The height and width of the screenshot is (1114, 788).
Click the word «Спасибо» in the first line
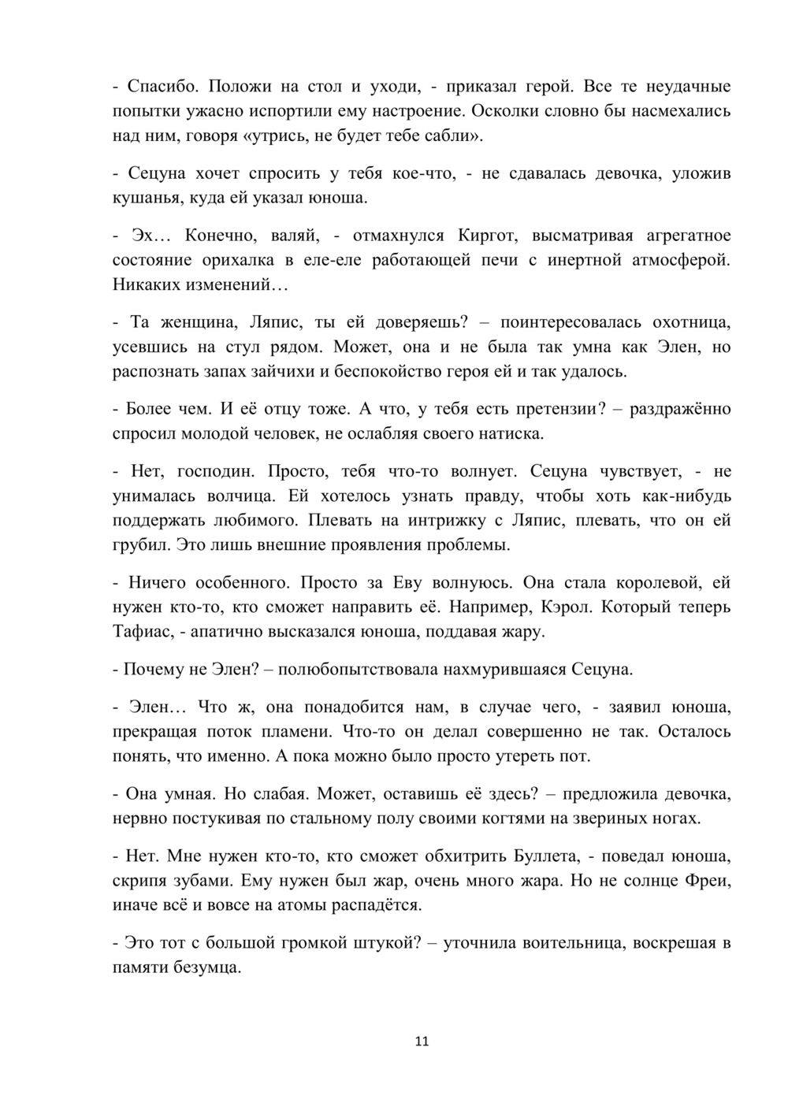(155, 87)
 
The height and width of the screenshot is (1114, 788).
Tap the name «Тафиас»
(142, 632)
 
